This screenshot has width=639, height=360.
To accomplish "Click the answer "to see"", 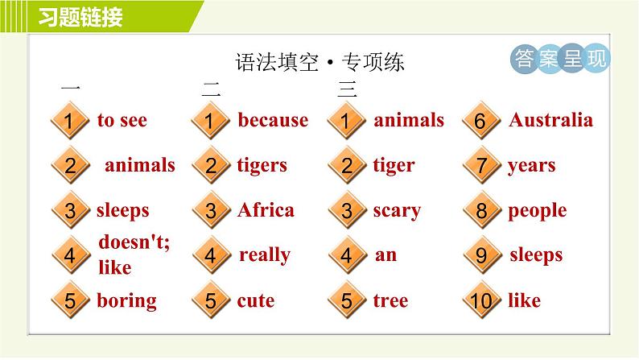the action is tap(122, 120).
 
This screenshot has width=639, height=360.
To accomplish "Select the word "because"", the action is tap(273, 120).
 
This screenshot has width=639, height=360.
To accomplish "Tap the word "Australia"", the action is tap(551, 120).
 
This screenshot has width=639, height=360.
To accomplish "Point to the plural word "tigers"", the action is tap(262, 166).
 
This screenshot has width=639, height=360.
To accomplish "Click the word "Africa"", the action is tap(266, 210).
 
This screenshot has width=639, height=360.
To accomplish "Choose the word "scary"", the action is tap(397, 211).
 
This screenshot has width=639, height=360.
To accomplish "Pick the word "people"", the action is tap(538, 211).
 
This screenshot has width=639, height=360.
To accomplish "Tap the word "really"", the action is tap(265, 255).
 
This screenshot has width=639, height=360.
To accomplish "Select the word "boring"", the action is tap(126, 301).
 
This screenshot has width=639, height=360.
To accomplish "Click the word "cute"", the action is tap(256, 301).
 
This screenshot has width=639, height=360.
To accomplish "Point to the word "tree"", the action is tap(390, 301).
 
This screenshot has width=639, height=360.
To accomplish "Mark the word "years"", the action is tap(532, 166).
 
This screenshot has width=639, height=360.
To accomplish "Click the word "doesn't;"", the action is tap(134, 242).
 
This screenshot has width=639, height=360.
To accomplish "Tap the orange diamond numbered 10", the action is tap(482, 300).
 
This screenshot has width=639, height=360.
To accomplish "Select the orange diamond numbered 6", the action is tap(481, 121).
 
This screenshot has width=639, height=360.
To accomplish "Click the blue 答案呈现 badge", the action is tap(560, 58).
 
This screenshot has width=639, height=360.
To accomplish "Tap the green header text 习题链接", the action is tap(80, 17).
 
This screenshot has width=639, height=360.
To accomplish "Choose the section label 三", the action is tap(347, 89).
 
